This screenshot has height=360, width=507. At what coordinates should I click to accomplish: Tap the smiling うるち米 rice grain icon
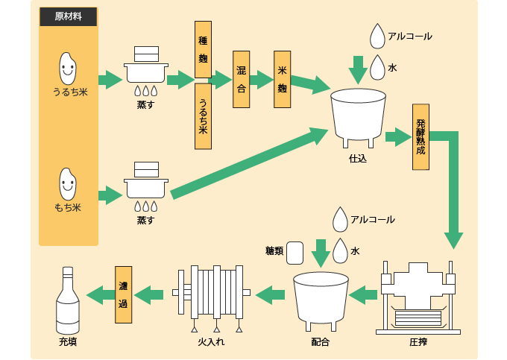pos(69,69)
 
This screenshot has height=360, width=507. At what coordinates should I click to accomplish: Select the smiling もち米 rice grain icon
pos(69,184)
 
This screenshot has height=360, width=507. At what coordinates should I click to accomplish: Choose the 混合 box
pos(241,79)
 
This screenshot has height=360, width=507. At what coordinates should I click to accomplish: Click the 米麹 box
pos(282,79)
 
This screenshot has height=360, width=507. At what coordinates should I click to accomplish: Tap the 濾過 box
pos(123,294)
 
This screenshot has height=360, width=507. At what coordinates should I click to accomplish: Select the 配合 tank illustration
pos(321,302)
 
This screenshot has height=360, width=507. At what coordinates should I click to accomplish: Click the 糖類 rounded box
pos(295,252)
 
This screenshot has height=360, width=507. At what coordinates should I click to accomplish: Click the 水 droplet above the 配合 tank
pos(340,251)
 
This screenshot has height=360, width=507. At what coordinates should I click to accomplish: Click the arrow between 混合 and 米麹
pos(262,80)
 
